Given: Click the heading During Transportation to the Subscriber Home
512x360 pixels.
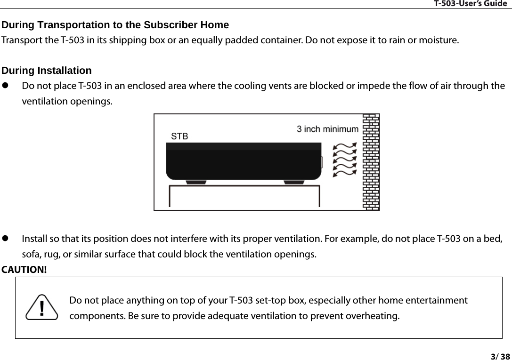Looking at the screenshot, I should [x=115, y=24].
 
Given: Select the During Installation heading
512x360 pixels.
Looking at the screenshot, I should [x=47, y=71].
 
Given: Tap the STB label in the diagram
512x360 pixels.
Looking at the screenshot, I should [x=179, y=136].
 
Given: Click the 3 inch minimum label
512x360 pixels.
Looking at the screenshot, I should [x=327, y=128].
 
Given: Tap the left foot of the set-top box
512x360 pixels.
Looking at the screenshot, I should [x=196, y=182].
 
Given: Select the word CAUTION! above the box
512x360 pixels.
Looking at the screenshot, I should [x=24, y=270].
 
